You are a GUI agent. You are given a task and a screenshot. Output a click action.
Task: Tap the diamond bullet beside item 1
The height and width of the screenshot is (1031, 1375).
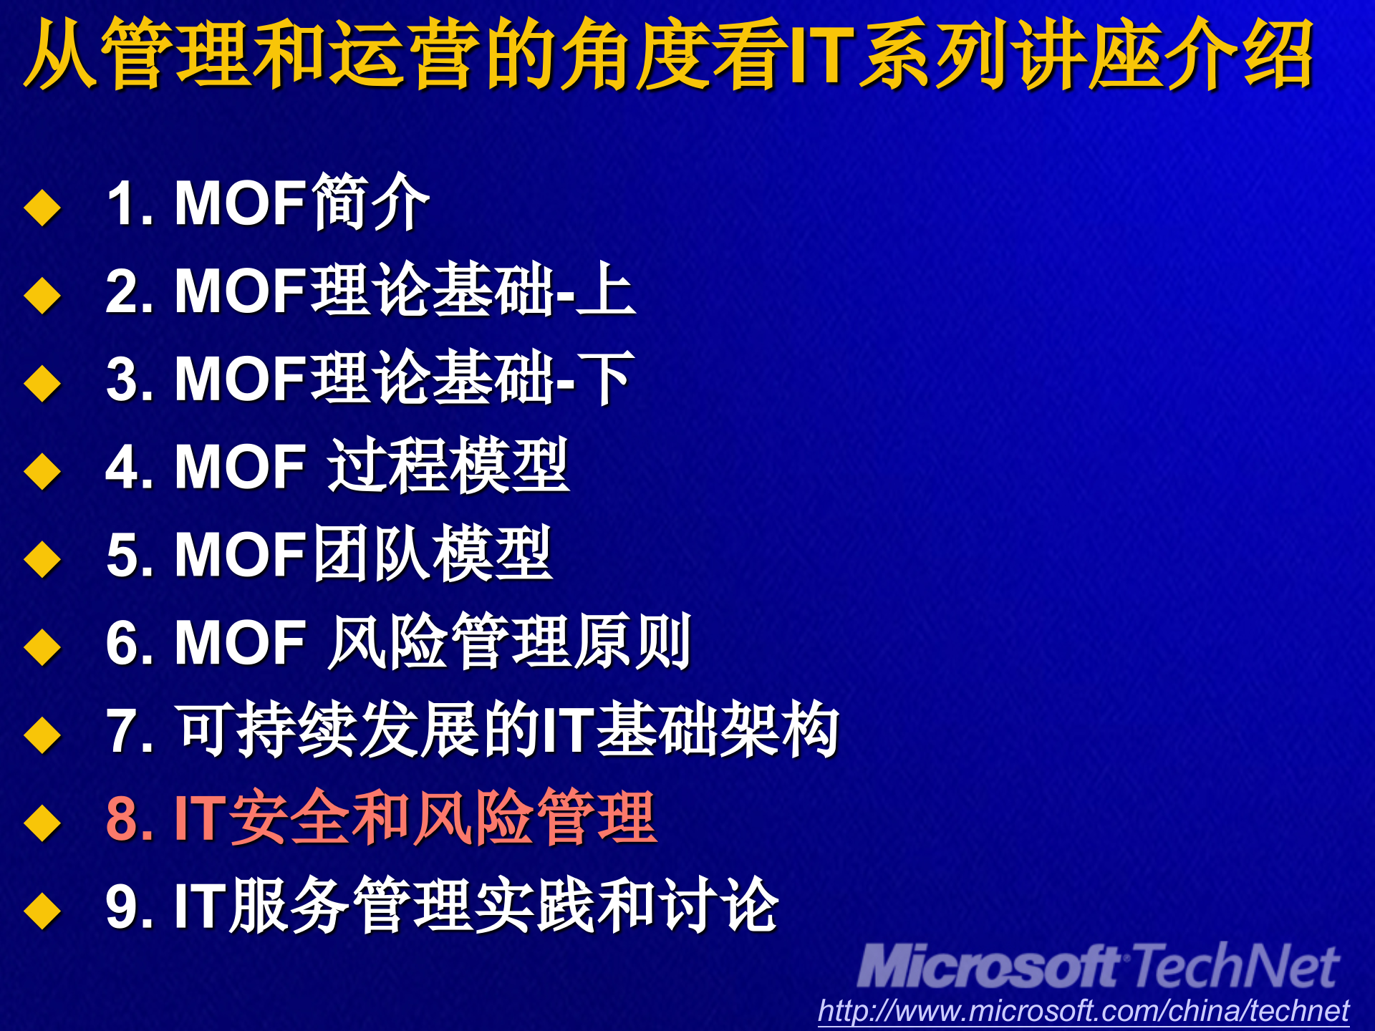[x=42, y=207]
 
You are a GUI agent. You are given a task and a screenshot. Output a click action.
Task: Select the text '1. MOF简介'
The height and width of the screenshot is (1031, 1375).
[x=267, y=203]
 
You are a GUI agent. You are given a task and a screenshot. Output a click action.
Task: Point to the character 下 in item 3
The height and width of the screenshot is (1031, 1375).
[x=605, y=378]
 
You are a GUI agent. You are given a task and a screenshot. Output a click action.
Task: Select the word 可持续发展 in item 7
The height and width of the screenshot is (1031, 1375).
[x=328, y=730]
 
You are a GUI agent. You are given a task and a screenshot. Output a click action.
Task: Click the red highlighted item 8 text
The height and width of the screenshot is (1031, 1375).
[x=381, y=817]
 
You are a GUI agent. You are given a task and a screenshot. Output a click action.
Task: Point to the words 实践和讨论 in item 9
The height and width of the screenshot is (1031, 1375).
[x=627, y=905]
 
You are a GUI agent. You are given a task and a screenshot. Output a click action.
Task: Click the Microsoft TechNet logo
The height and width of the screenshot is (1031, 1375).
[x=1098, y=967]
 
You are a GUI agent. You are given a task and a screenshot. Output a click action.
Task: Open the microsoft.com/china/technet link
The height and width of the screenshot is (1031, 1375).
[x=1084, y=1011]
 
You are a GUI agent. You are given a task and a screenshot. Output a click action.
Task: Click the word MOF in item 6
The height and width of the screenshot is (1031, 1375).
[x=241, y=643]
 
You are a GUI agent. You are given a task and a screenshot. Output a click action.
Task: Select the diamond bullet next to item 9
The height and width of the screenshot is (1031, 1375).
[x=42, y=910]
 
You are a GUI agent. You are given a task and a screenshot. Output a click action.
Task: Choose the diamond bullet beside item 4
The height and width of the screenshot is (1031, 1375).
[x=42, y=471]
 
